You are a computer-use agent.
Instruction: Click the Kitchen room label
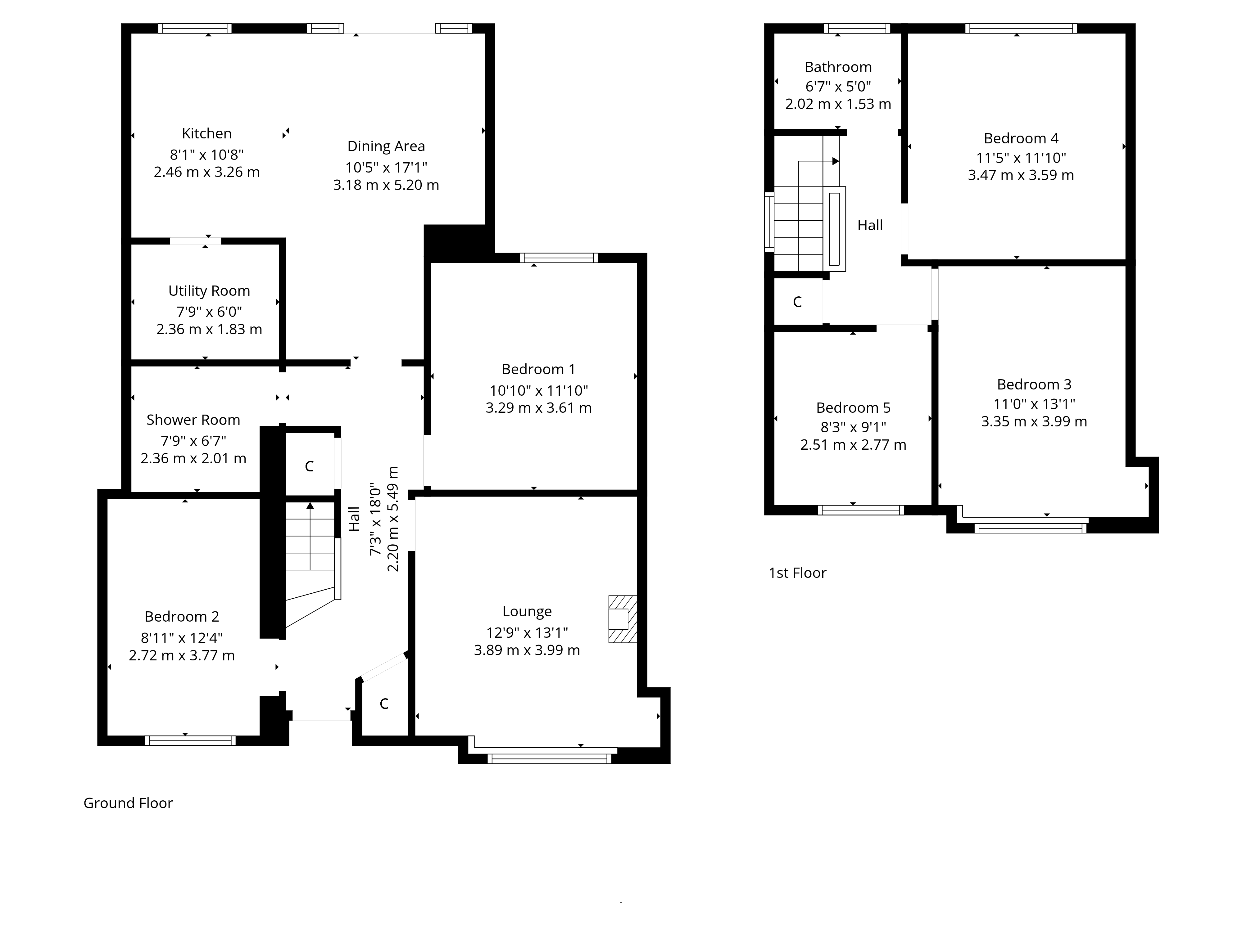(206, 133)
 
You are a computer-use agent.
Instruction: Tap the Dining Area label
(386, 146)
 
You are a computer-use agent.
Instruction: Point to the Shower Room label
(193, 420)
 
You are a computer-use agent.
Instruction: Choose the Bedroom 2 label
(182, 617)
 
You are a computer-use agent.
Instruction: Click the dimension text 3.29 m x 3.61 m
(538, 408)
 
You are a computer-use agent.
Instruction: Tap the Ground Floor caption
(128, 803)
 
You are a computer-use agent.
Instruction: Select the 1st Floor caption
(797, 573)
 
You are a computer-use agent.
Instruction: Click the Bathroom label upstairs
(838, 67)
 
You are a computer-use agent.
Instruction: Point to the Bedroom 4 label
(1021, 139)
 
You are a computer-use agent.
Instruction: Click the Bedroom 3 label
(1034, 385)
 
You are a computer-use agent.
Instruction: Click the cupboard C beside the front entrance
(384, 704)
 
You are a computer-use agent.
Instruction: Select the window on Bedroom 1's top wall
(559, 258)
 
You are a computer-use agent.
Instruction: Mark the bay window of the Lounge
(549, 759)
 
